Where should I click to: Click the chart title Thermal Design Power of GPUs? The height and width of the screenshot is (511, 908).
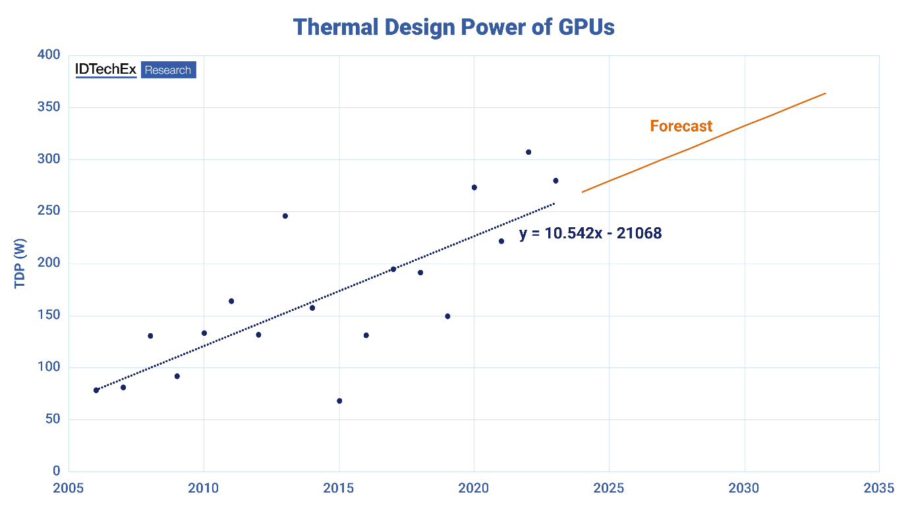tap(453, 27)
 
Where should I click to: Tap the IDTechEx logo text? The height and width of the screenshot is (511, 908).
tap(106, 70)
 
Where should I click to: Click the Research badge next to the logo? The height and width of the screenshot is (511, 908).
tap(168, 70)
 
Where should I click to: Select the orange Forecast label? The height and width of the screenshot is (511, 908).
tap(681, 126)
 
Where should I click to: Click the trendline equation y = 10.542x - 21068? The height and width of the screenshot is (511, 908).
tap(590, 233)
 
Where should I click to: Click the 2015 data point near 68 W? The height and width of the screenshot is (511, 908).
tap(339, 401)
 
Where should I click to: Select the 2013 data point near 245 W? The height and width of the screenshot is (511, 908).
tap(285, 216)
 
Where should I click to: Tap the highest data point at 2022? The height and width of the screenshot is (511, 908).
tap(528, 152)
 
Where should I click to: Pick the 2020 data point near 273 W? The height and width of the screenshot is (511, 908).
tap(474, 188)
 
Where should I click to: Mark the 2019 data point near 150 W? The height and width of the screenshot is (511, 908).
tap(447, 316)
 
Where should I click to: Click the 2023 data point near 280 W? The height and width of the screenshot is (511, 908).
tap(555, 180)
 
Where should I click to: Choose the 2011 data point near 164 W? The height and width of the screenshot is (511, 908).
tap(231, 301)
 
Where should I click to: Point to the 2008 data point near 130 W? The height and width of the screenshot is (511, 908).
tap(150, 336)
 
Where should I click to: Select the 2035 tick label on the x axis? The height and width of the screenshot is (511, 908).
tap(880, 488)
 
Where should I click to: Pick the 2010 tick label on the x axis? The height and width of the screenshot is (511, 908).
tap(204, 488)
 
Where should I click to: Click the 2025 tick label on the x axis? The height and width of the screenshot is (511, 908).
tap(610, 488)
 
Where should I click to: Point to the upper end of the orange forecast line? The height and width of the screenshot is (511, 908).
tap(825, 94)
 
